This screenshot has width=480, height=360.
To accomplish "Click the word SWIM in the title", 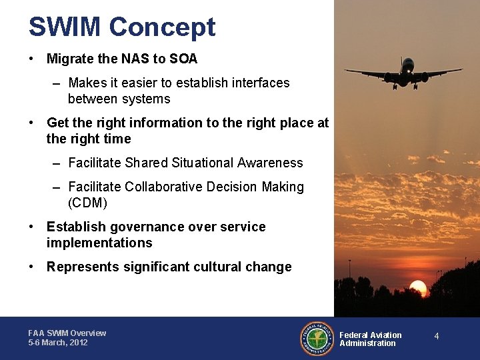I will point(65,27).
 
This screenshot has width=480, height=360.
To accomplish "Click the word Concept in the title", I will point(162,27).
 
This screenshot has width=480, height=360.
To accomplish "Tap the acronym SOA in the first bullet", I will point(183,59).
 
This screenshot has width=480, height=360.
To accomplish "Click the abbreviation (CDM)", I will point(87,203).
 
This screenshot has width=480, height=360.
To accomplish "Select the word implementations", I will point(99,243).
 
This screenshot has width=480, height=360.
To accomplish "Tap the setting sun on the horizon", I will point(418,288).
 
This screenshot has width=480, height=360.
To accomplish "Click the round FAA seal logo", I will point(317,339).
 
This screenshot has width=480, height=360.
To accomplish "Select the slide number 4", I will point(437,336).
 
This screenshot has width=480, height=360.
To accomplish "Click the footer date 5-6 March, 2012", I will point(58,343).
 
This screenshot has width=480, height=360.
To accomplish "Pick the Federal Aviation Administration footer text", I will point(371,339).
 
